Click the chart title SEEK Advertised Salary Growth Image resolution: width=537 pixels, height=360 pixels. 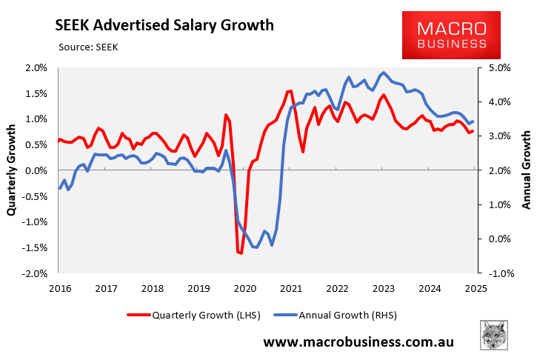click(x=165, y=25)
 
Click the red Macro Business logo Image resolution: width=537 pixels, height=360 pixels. click(x=451, y=36)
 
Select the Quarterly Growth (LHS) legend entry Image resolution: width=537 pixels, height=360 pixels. click(x=199, y=315)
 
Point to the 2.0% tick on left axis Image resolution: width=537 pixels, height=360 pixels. click(x=36, y=67)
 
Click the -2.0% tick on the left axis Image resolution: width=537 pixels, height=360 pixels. click(x=35, y=273)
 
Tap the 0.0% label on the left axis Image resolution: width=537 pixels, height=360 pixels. click(x=36, y=170)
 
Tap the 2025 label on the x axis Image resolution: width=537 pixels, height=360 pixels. click(x=475, y=289)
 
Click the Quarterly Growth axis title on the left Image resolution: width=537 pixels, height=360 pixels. click(x=13, y=170)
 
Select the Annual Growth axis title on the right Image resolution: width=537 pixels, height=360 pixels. click(x=527, y=170)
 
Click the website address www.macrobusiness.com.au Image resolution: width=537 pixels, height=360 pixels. click(x=358, y=342)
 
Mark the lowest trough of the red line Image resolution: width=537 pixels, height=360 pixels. click(x=241, y=253)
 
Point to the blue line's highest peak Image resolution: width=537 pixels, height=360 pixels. click(x=383, y=73)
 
